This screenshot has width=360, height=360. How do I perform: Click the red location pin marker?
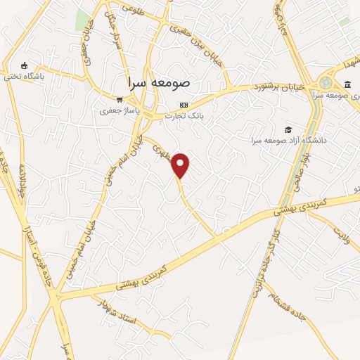coord(181,165)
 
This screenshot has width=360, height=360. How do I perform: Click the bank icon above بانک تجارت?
coord(184,105)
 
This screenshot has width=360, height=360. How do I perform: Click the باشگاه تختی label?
coord(25,76)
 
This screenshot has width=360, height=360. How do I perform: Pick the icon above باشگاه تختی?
coord(25,65)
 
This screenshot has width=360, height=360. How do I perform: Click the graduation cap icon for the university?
coord(287,129)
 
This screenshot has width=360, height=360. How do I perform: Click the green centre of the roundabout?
coord(326,80)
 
